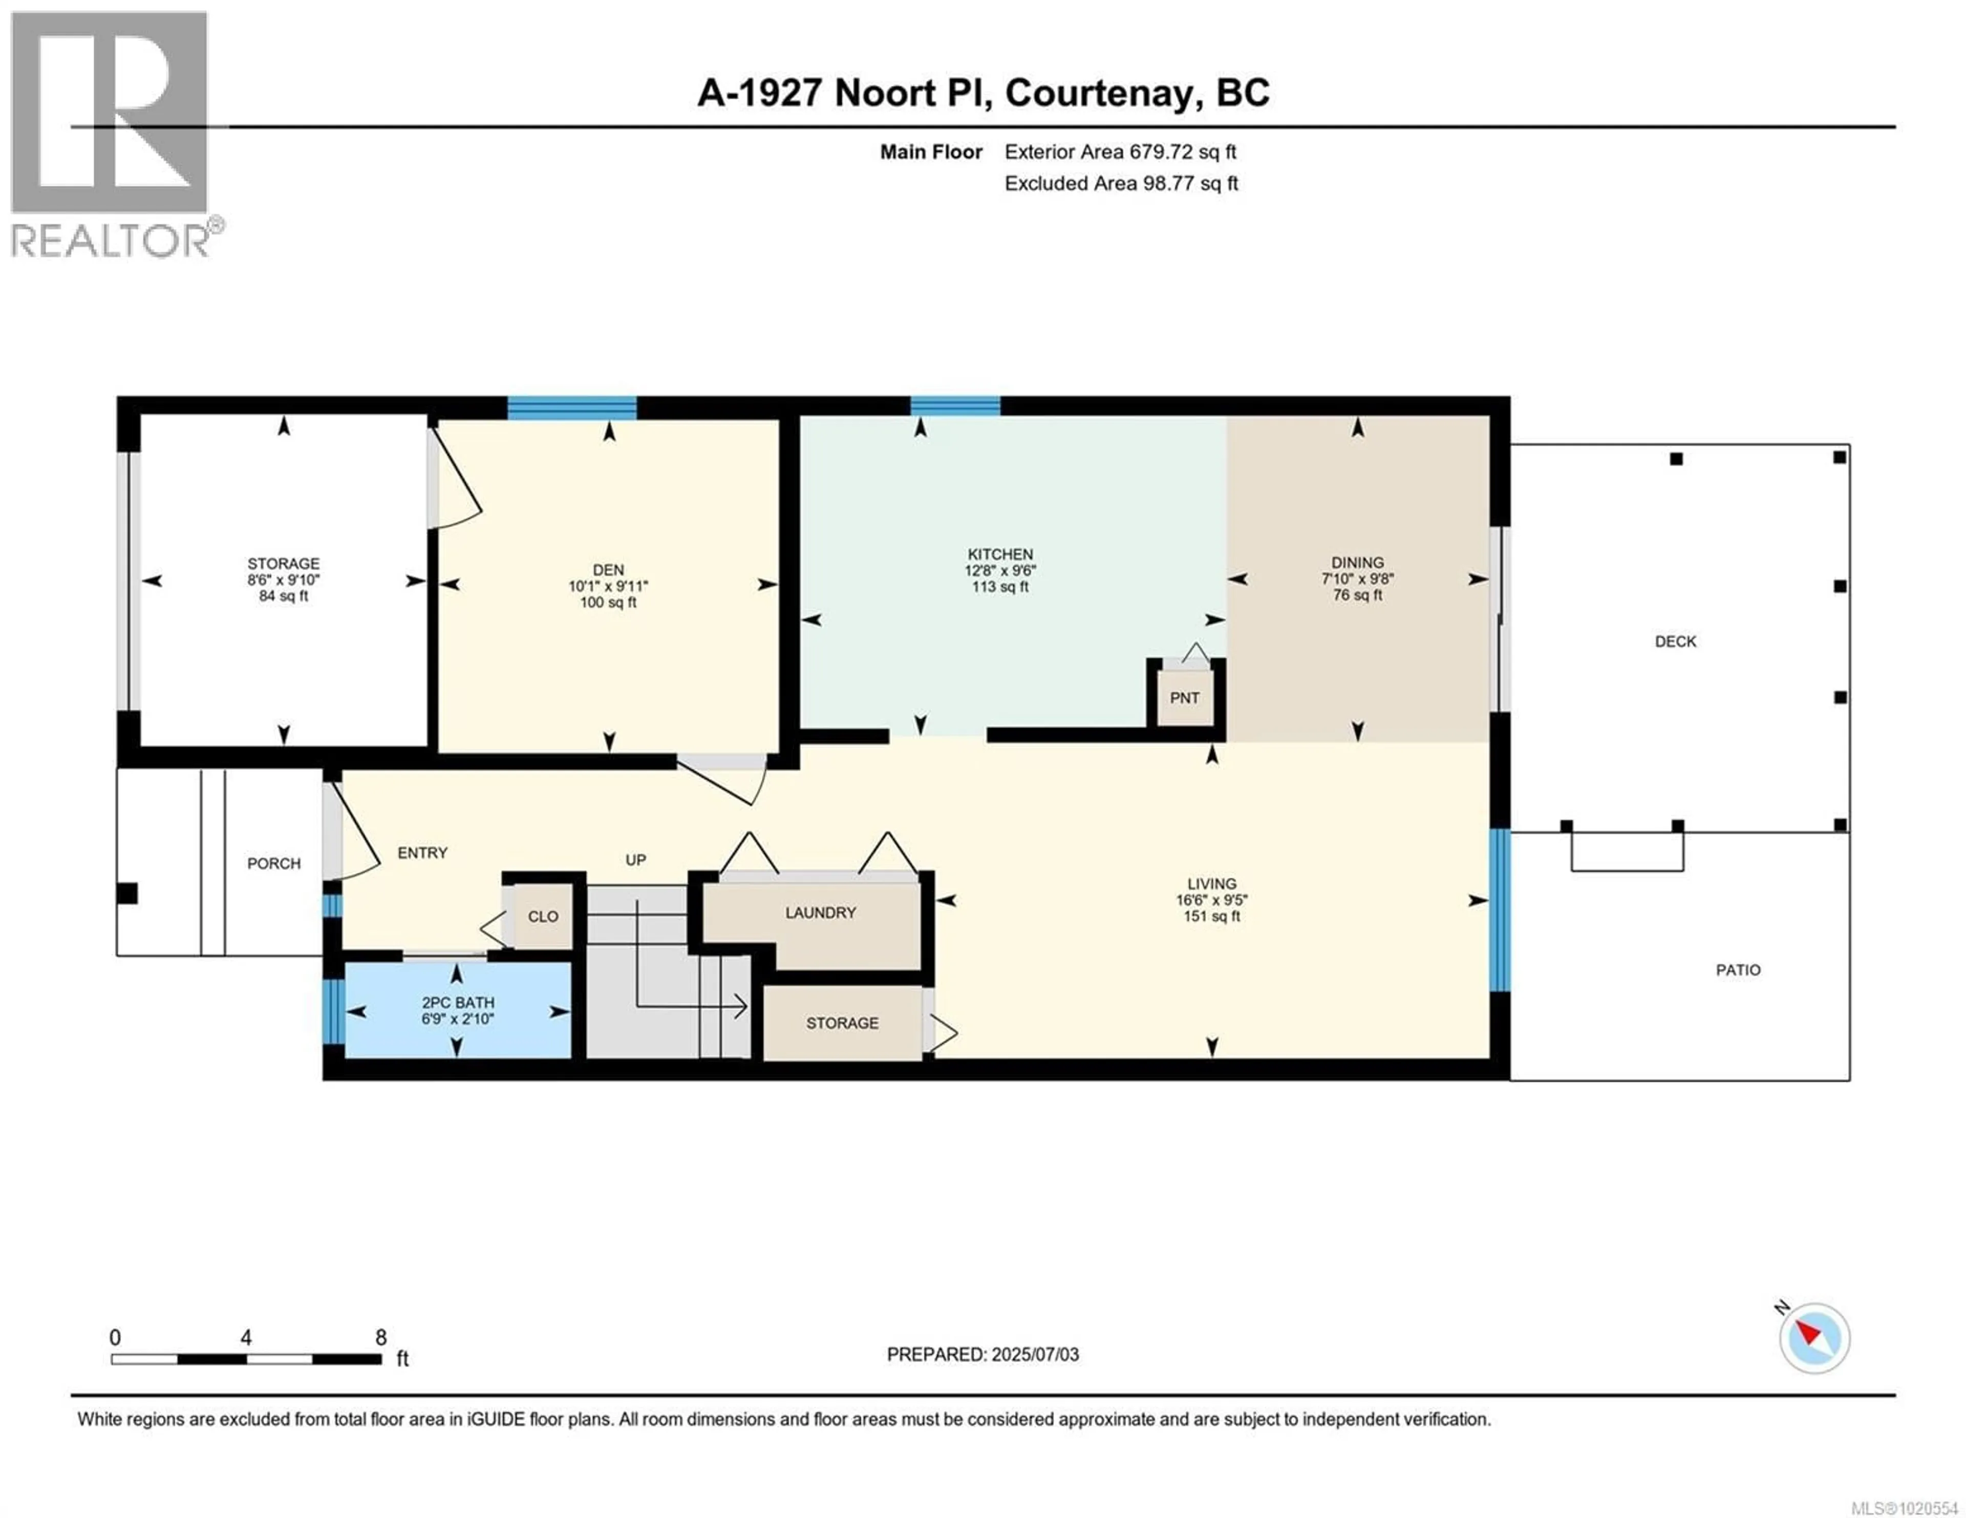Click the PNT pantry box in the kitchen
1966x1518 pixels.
(x=1185, y=697)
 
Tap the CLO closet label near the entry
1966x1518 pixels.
(x=543, y=916)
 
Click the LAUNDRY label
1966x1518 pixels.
(x=820, y=912)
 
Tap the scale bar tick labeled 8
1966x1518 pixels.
(x=381, y=1337)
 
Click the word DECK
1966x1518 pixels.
(x=1675, y=642)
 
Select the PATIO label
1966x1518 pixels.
(x=1737, y=970)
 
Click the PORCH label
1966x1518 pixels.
(x=274, y=863)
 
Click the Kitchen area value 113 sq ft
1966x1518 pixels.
(x=1000, y=587)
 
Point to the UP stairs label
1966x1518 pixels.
(x=635, y=860)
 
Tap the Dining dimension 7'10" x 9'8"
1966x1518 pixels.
(x=1357, y=579)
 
